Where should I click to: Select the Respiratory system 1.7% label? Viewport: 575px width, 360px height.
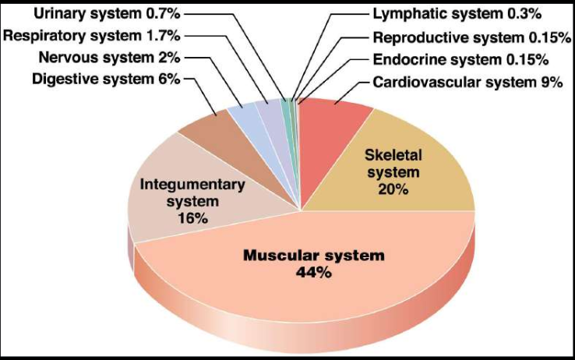[92, 35]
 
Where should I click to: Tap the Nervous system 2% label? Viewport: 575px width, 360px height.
[109, 57]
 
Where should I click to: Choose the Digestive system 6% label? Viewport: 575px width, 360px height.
[106, 79]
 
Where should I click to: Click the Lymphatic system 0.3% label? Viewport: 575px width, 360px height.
[457, 13]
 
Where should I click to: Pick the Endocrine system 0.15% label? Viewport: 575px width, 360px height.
[460, 59]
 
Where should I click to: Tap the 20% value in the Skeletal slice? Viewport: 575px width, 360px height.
[392, 189]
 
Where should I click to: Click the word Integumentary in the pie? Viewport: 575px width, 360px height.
[192, 185]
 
